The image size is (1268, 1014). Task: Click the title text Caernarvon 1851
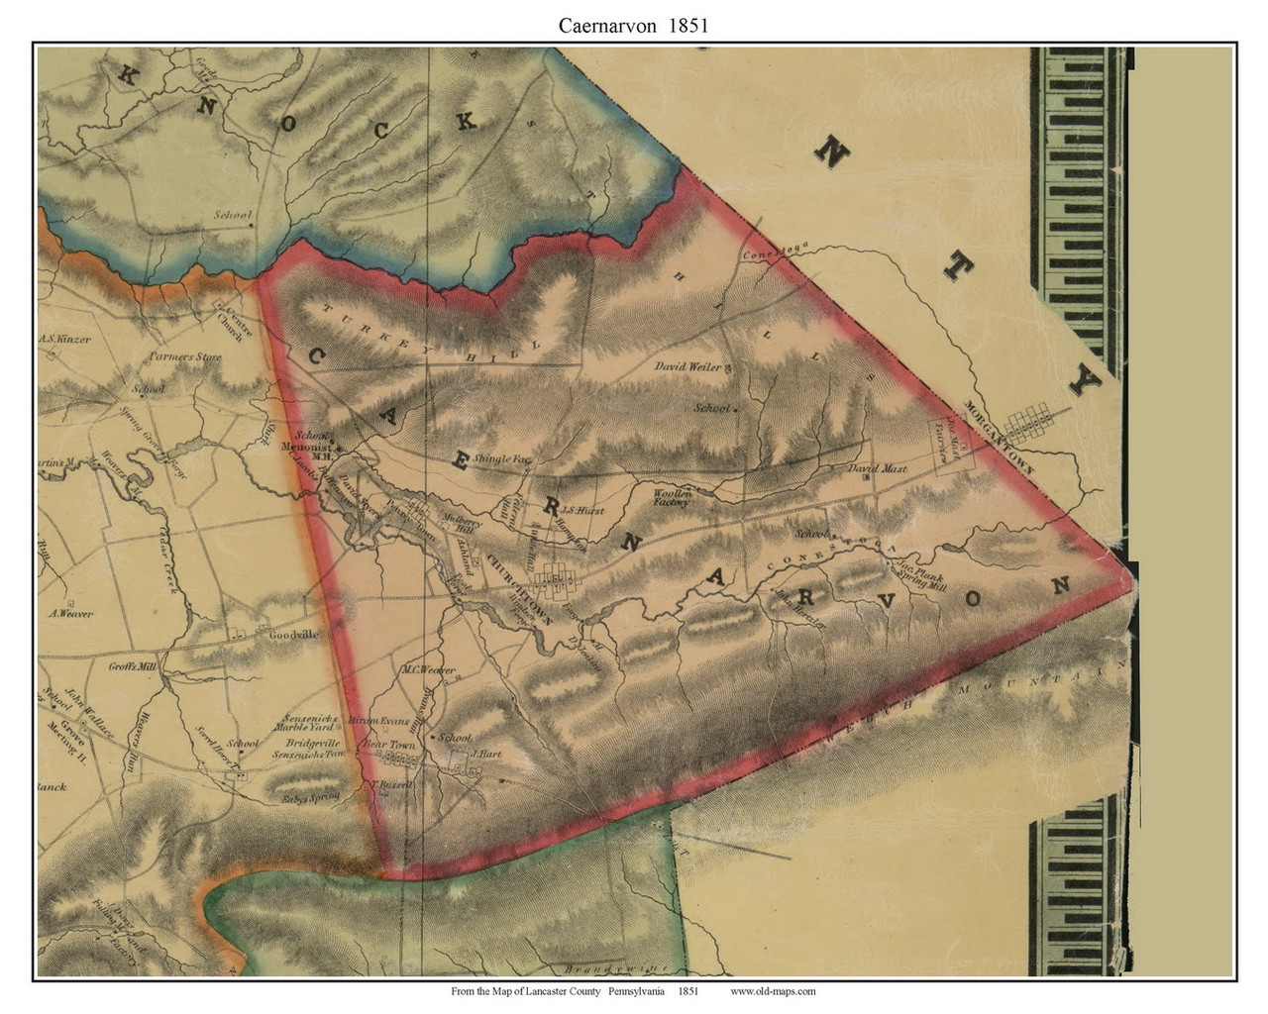coord(633,26)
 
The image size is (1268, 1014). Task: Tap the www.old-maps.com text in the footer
coord(773,991)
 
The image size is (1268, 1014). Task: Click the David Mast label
coord(878,467)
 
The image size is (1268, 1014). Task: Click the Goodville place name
coord(293,636)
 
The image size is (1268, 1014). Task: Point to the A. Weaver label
coord(70,613)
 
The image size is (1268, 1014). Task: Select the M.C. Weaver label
coord(427,670)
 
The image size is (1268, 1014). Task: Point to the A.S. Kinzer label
coord(65,339)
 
